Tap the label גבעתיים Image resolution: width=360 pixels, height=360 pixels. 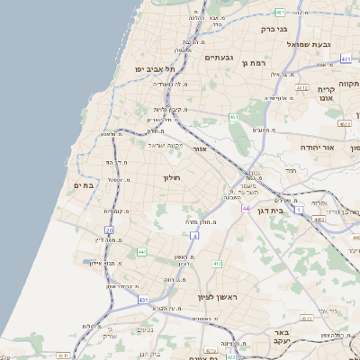click(x=220, y=58)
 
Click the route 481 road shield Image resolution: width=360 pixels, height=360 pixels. click(x=281, y=13)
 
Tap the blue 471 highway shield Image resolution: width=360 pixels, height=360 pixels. click(x=346, y=58)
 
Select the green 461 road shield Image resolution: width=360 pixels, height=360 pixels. click(x=233, y=117)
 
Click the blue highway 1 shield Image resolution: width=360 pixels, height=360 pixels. click(x=299, y=209)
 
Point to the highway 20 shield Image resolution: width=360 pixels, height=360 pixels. click(x=110, y=231)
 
